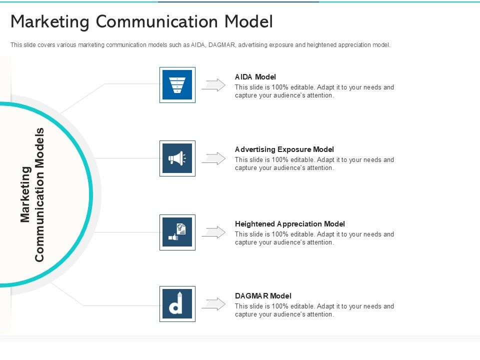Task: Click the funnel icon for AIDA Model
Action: pos(177,85)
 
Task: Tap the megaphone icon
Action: pos(177,158)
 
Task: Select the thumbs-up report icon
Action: pos(177,232)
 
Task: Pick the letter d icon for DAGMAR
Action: pos(177,304)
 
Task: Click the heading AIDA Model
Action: pos(255,77)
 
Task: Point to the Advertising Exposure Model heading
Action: pos(284,149)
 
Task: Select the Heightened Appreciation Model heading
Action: pos(289,224)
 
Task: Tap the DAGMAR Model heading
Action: pos(263,296)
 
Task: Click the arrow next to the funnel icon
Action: pos(213,85)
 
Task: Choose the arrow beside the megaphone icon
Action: pos(213,158)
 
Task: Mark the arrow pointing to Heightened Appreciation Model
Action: pos(213,232)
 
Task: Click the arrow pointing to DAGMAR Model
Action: pos(213,304)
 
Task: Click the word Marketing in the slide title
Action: pos(49,22)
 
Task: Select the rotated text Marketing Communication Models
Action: pos(33,194)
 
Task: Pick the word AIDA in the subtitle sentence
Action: pos(198,45)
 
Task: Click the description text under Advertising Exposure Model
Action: pos(314,164)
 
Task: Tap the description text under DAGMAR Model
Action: pos(314,310)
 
